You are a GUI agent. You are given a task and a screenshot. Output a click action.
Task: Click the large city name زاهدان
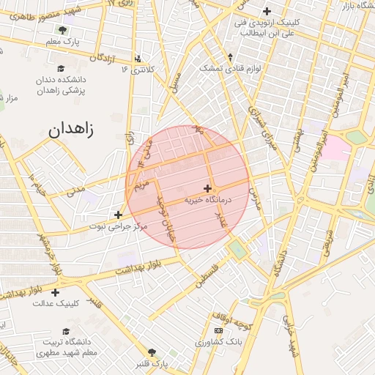coord(73,130)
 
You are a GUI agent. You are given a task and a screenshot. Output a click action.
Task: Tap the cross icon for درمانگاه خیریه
coord(208,188)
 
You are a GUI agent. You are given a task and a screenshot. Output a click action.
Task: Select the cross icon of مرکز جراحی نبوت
coord(119,215)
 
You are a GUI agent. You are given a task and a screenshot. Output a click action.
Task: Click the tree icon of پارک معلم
coord(62,31)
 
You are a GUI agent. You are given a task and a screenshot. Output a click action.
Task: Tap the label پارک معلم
coord(62,42)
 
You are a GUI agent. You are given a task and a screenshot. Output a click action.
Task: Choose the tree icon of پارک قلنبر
coord(152,352)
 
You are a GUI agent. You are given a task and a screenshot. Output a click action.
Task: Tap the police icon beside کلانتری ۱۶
coord(139,59)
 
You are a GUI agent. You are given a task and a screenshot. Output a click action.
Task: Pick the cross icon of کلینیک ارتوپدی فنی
coord(267,11)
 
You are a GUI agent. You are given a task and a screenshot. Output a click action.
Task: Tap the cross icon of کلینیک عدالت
coord(55,292)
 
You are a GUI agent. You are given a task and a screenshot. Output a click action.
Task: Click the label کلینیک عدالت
coord(55,303)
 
